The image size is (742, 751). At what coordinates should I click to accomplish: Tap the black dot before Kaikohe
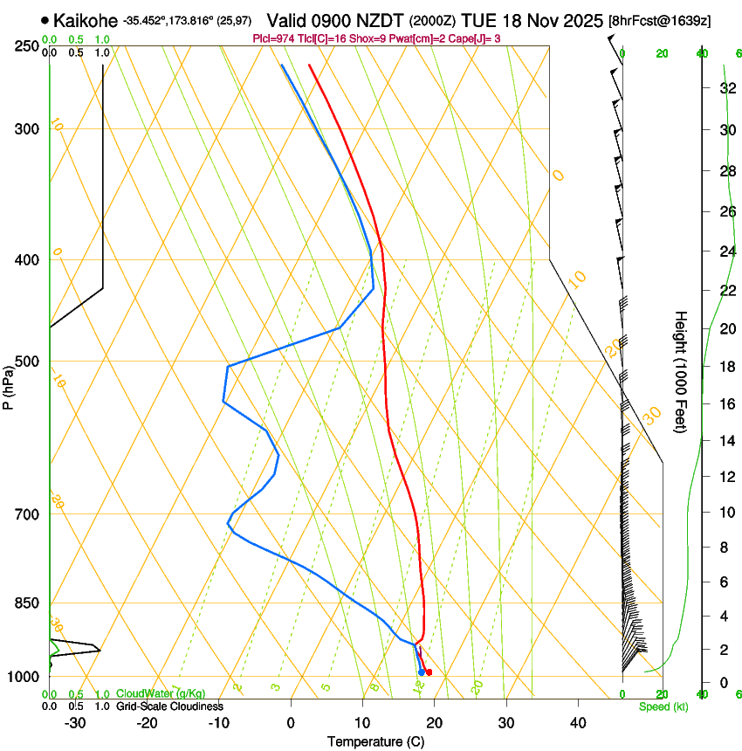tap(45, 19)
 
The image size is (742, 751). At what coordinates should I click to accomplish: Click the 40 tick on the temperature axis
tap(577, 723)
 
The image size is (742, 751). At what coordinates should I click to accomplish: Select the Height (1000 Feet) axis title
tap(682, 371)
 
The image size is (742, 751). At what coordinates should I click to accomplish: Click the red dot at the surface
tap(429, 672)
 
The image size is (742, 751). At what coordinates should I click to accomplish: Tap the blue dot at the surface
tap(421, 672)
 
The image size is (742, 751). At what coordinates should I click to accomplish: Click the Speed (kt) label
tap(663, 706)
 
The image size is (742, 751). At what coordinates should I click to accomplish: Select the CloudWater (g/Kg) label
tap(161, 694)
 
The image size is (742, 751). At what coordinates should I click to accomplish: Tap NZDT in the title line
tap(381, 19)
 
